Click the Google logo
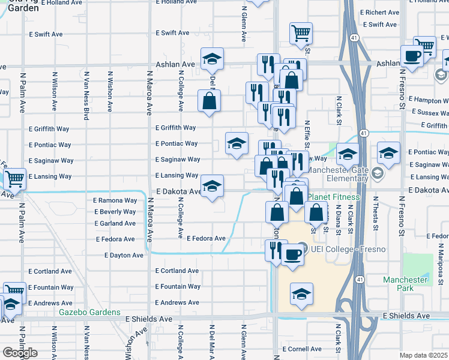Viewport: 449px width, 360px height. tap(20, 353)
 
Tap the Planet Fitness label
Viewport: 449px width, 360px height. tap(334, 197)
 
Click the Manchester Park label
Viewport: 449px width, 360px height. tap(406, 284)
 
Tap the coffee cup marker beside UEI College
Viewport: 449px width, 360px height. tap(292, 254)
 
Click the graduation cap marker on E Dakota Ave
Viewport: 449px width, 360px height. tap(211, 188)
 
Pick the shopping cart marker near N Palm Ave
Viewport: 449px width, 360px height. tap(14, 178)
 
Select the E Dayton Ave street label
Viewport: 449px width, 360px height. tap(124, 255)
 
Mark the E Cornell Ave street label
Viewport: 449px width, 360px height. tap(304, 349)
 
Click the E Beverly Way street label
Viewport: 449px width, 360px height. tap(115, 212)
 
